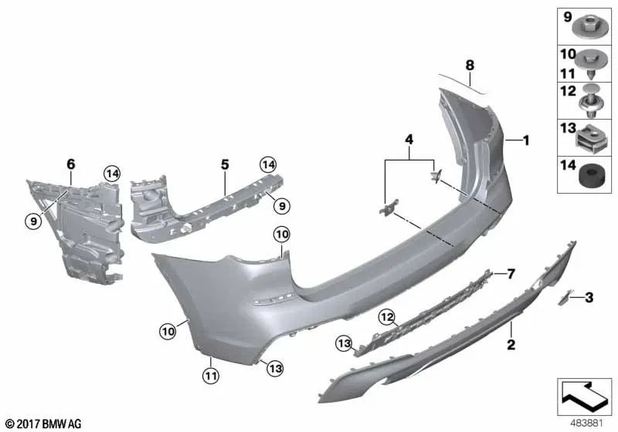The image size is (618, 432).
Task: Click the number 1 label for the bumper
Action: (526, 140)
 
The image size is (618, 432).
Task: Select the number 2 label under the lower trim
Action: (511, 344)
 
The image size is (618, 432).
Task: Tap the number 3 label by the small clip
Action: (589, 297)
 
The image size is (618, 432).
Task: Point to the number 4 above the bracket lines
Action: (410, 140)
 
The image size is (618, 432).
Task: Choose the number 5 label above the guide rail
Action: (225, 164)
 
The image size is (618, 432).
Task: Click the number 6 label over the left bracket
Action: (71, 164)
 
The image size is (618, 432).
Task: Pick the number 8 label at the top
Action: (469, 66)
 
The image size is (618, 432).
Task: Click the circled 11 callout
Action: (211, 376)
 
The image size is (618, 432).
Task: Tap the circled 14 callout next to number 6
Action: (114, 174)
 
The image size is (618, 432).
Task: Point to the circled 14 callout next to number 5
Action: (268, 164)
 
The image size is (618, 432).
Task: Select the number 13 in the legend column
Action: (566, 127)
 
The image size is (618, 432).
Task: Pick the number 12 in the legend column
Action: (566, 91)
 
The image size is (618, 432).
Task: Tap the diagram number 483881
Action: (583, 422)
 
